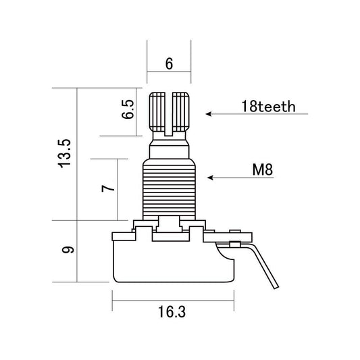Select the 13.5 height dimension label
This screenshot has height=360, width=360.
coord(65,154)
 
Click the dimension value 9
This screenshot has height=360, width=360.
coord(66,251)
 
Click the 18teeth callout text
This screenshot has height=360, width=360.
coord(268,107)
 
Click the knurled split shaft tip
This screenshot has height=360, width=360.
coord(170,111)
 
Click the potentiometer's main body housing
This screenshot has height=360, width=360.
coord(172,260)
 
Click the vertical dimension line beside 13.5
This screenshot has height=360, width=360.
coord(78,154)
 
